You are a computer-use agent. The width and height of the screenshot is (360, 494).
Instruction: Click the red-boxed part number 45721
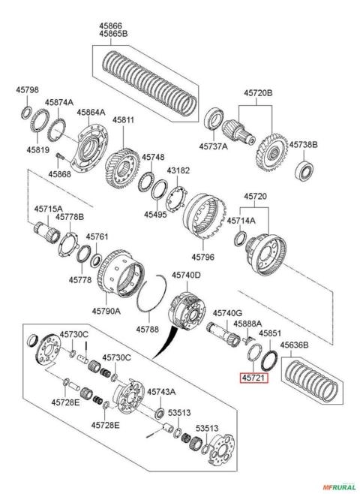point(253,378)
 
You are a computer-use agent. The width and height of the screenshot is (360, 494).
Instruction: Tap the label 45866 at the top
point(111,26)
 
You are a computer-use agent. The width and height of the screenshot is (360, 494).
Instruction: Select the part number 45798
point(28,90)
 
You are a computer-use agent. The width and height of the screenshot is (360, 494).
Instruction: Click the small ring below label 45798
point(26,113)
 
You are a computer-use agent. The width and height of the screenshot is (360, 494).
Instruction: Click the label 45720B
point(258,93)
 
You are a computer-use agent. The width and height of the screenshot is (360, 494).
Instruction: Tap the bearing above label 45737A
point(214,119)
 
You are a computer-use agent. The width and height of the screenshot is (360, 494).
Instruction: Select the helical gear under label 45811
point(121,169)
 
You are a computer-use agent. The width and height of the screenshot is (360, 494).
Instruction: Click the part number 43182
point(178,170)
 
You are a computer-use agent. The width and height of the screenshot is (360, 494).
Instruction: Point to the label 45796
point(203,257)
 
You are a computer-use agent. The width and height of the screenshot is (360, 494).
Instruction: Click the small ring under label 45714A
point(241,239)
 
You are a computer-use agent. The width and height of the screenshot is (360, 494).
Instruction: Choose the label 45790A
point(106,311)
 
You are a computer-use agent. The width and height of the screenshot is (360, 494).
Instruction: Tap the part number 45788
point(148,330)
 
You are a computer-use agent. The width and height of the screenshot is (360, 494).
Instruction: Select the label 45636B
point(295,345)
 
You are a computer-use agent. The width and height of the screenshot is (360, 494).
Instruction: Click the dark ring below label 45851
point(269,361)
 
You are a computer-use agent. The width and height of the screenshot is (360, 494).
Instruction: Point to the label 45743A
point(161,392)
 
